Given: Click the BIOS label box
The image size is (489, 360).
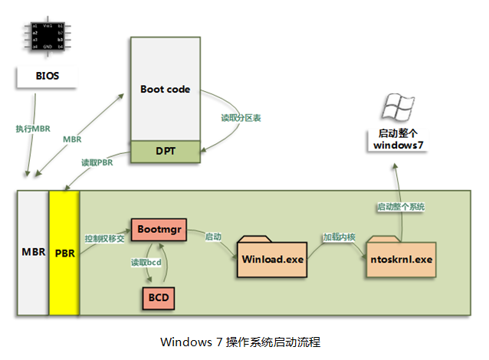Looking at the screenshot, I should click(47, 77).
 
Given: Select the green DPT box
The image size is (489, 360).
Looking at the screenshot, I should click(166, 152).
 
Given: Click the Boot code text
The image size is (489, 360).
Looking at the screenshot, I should click(165, 90).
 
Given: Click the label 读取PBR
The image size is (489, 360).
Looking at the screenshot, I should click(97, 163).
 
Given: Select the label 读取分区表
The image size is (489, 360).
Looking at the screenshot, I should click(241, 119).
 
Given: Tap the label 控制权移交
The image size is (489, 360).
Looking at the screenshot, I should click(106, 237).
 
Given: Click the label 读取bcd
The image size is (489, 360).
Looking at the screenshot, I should click(146, 263).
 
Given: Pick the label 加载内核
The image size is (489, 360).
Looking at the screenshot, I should click(338, 237).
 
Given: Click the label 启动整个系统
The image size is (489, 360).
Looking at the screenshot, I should click(401, 207).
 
